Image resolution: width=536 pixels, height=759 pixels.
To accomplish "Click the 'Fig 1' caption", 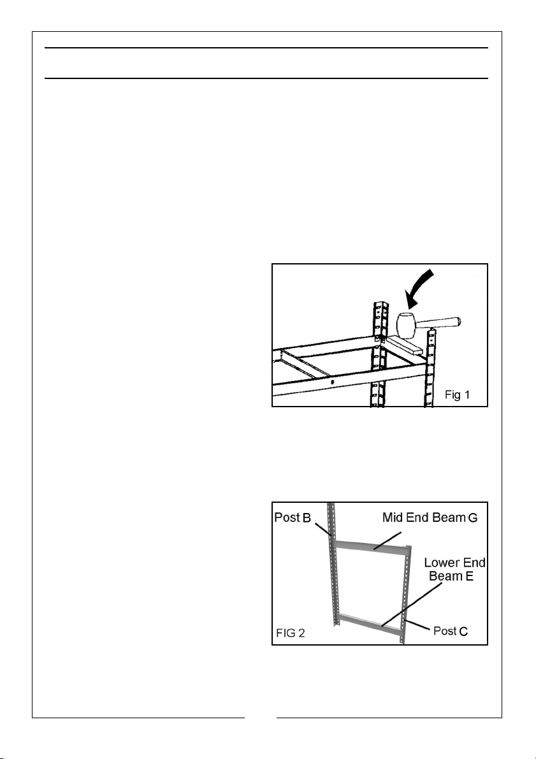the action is point(457,394).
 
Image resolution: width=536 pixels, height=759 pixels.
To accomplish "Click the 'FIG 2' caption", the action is point(291,633).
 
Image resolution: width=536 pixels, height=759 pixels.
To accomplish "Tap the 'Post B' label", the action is point(293,517).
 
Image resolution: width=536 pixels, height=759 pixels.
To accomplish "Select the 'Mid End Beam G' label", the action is point(430,517).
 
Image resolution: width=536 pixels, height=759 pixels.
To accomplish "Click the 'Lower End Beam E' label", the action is point(454,569).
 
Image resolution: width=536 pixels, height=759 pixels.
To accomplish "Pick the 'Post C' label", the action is point(451,631).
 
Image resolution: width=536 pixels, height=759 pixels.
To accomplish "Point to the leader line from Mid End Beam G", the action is point(388,540).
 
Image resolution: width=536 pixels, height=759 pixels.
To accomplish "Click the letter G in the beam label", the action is point(472,518).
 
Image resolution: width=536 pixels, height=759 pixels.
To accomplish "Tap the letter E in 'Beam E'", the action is point(469,576).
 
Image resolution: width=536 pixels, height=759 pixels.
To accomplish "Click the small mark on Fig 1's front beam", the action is point(333,382).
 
